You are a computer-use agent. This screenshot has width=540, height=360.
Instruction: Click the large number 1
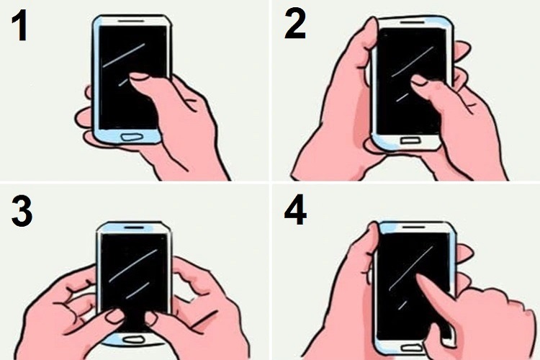point(20,26)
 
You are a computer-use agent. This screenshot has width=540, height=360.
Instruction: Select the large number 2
point(294,24)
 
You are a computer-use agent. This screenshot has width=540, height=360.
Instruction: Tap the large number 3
point(22,212)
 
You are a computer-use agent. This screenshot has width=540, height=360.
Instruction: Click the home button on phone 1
point(132,137)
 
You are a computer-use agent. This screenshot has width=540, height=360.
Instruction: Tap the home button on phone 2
point(411,140)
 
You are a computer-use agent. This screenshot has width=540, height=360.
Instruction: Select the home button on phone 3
point(134,340)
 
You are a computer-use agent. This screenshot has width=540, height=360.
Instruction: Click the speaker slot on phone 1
point(131,21)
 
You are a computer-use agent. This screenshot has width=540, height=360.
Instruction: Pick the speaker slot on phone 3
point(134,228)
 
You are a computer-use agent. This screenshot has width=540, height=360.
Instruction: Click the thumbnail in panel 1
point(138,76)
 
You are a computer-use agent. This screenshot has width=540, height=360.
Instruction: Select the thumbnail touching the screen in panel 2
point(419,80)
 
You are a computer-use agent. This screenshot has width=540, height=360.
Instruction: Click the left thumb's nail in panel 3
point(114,315)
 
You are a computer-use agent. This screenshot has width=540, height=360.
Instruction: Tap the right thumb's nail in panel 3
point(151,318)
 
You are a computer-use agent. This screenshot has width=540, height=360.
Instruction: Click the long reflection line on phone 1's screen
point(124,55)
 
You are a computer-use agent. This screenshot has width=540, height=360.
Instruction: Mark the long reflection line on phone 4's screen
point(411,269)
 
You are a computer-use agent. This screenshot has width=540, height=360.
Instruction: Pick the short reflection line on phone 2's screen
point(402,97)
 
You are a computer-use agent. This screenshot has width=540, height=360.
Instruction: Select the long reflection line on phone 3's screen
point(133,266)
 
